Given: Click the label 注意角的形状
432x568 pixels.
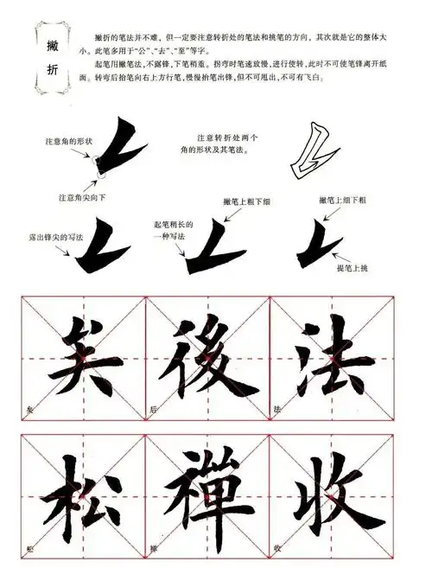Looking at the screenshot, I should pyautogui.click(x=68, y=140).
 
